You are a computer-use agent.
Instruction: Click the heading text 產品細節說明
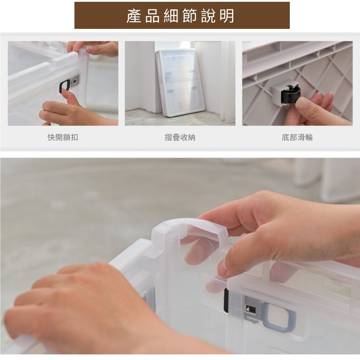[180, 16]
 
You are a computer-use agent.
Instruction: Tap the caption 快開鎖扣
[63, 137]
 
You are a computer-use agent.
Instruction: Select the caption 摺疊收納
[180, 137]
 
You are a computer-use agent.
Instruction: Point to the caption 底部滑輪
[297, 137]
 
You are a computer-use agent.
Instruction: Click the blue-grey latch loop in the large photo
[280, 318]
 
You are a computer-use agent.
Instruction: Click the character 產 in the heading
[134, 16]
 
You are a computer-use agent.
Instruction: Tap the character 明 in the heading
[227, 16]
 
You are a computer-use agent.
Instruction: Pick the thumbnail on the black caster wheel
[301, 103]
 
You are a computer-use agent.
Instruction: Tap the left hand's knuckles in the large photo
[76, 285]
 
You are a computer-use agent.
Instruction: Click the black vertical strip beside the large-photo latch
[226, 300]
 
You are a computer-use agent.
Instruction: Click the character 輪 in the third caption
[309, 137]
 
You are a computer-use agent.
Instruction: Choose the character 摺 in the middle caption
[168, 137]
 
